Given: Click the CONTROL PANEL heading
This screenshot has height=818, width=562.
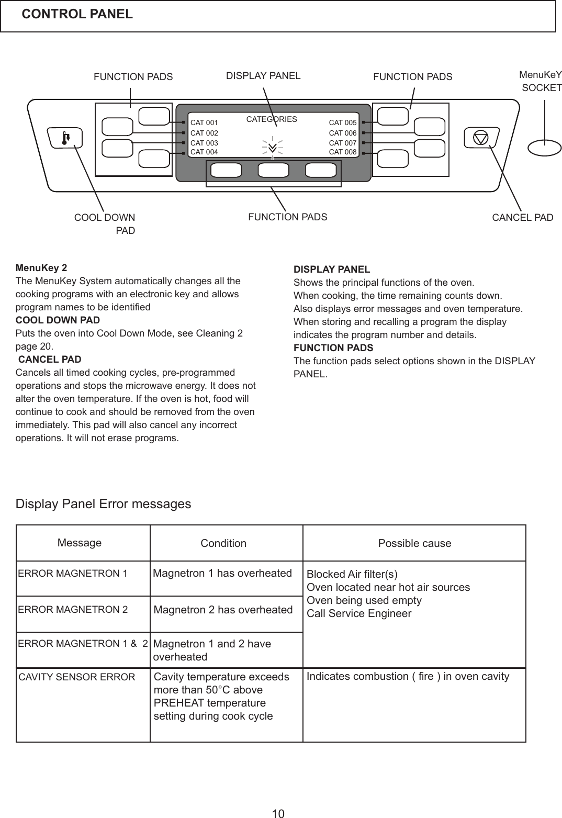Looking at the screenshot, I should click(x=77, y=14).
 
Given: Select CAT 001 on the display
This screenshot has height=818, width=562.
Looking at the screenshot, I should click(x=204, y=123).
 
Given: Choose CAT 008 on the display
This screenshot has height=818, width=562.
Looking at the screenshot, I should click(x=342, y=152).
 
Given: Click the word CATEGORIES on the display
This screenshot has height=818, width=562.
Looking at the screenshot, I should click(x=271, y=119).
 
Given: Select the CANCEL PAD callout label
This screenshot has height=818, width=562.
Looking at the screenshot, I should click(x=522, y=217).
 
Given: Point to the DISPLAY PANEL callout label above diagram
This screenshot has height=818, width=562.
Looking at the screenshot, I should click(x=263, y=76).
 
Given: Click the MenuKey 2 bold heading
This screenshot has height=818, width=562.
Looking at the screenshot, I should click(x=41, y=267).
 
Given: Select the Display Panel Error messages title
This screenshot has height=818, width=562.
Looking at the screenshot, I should click(x=104, y=504).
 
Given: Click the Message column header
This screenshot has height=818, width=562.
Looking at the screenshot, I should click(x=80, y=543).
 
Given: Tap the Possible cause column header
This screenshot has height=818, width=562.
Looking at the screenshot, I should click(x=414, y=543).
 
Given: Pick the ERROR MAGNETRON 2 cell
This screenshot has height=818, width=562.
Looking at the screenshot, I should click(x=73, y=609).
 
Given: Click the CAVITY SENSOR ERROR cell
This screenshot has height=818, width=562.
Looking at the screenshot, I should click(x=77, y=677).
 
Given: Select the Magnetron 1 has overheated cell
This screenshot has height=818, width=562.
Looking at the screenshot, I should click(x=222, y=573).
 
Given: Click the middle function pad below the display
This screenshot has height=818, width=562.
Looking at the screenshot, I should click(x=273, y=170).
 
